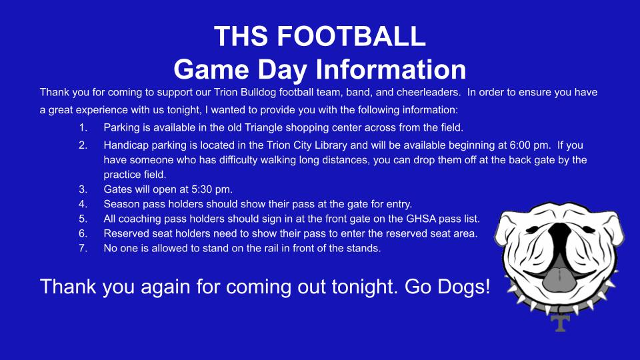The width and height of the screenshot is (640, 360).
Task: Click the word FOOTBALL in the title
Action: coord(351,36)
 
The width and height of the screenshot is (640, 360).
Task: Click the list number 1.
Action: coord(83,128)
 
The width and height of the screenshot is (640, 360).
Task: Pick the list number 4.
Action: coord(83,204)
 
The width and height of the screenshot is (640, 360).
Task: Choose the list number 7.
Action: coord(83,248)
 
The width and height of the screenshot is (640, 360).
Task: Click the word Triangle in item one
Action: coord(263,128)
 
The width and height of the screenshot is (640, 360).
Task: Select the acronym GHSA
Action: coord(421,219)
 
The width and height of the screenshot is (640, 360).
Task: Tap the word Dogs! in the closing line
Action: coord(464,287)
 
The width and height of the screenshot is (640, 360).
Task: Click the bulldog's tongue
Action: coord(560,279)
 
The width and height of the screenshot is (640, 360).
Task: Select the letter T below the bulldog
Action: coord(561,323)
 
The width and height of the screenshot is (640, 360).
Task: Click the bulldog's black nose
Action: coord(559,234)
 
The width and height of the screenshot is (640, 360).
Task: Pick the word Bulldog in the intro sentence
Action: coord(259,93)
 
